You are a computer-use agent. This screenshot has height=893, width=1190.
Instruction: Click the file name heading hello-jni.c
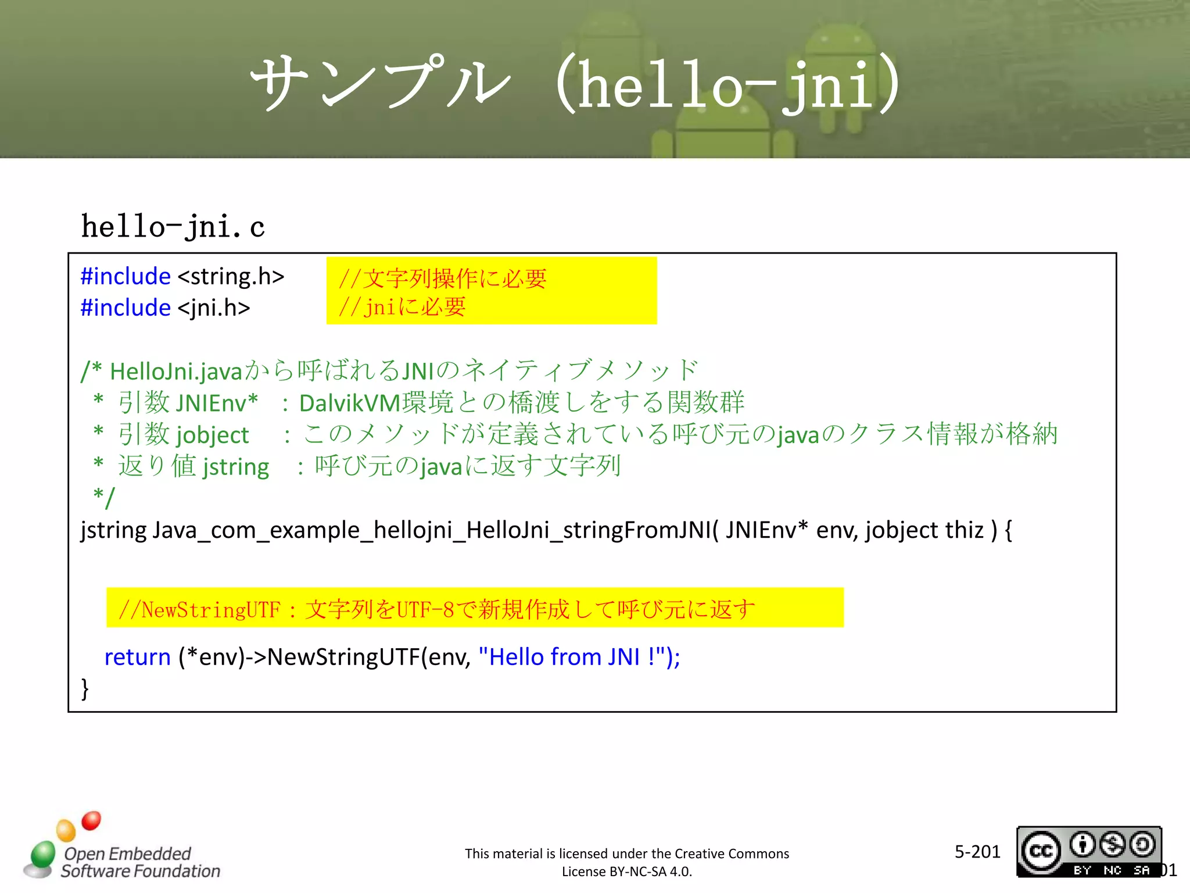pos(173,227)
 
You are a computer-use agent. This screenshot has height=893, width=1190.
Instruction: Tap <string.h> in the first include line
pos(231,276)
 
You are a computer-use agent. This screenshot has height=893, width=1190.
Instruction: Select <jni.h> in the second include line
pos(213,308)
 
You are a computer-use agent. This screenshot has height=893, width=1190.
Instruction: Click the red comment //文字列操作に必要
pos(442,279)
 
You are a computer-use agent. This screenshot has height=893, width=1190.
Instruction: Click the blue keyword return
pos(137,657)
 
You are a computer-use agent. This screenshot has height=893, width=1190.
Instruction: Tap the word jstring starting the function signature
pos(113,530)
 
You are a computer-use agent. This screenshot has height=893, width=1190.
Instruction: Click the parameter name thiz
pos(964,530)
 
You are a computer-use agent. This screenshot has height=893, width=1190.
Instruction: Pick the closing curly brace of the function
pos(85,688)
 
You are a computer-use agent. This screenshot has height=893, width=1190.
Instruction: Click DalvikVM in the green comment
pos(350,403)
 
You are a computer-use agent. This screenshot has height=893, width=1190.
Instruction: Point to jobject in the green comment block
pos(212,435)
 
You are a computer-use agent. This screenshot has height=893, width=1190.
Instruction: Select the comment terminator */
pos(104,498)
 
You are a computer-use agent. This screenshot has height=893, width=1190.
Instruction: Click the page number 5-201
pos(977,852)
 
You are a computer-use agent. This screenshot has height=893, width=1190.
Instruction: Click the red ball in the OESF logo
pos(91,820)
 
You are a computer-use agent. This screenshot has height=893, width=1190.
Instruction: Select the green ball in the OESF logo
pos(42,854)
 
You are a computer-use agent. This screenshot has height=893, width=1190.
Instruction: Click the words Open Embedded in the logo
pos(127,853)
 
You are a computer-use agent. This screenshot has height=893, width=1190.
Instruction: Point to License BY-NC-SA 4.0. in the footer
pos(626,871)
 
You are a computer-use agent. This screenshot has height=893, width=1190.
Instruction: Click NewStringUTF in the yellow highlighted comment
pos(210,610)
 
